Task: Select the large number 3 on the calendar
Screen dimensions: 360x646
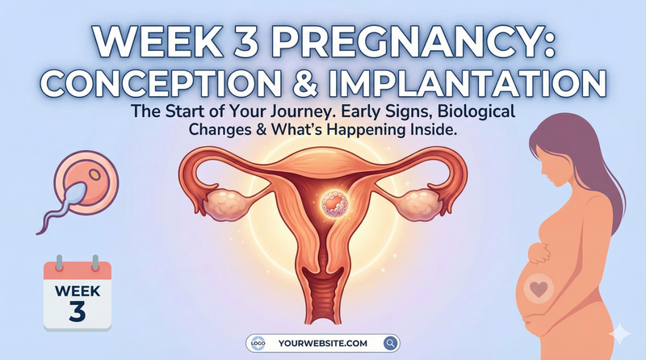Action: coord(76,311)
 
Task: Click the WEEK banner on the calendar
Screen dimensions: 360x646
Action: coord(76,287)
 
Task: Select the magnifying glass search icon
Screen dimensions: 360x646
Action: coord(391,343)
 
